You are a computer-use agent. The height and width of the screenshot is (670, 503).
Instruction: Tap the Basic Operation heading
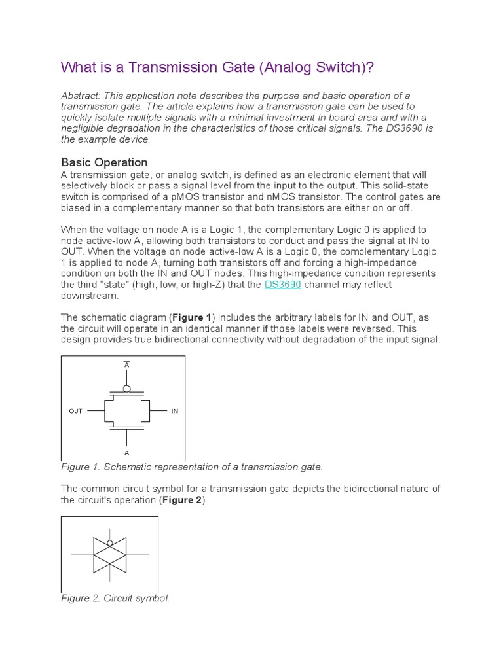(104, 162)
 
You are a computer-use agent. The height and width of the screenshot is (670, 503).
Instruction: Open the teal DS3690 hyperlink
(282, 285)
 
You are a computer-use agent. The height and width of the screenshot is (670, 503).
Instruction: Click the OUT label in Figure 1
(75, 411)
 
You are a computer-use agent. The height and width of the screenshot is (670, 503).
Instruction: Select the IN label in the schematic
(175, 411)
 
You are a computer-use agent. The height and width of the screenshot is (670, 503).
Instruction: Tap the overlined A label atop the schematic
(126, 364)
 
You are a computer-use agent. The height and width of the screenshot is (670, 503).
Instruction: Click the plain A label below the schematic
(126, 453)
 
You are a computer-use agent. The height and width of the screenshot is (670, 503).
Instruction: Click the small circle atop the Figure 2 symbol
(109, 542)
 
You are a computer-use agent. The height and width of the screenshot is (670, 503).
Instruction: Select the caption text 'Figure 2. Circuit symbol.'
(115, 598)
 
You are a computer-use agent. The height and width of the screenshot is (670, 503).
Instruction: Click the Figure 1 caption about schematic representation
(192, 467)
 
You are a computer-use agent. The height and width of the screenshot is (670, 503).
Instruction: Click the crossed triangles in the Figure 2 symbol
(109, 555)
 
